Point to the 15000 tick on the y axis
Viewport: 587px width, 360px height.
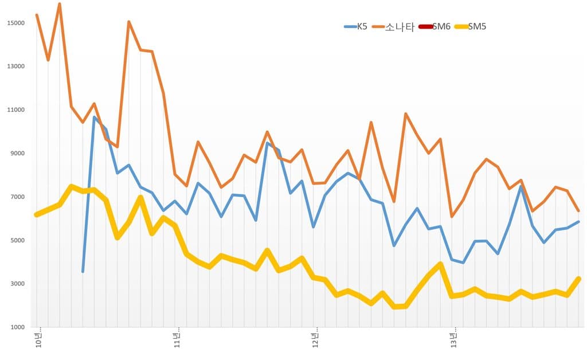(x=15, y=23)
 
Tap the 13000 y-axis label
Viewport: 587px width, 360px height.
(x=15, y=66)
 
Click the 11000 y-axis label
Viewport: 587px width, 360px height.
(x=15, y=110)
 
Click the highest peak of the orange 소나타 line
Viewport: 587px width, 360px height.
(x=60, y=5)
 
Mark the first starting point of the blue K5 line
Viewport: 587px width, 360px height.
(x=83, y=271)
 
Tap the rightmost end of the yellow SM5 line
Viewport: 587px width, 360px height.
(x=578, y=279)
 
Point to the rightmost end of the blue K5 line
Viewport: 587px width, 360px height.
(x=578, y=222)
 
